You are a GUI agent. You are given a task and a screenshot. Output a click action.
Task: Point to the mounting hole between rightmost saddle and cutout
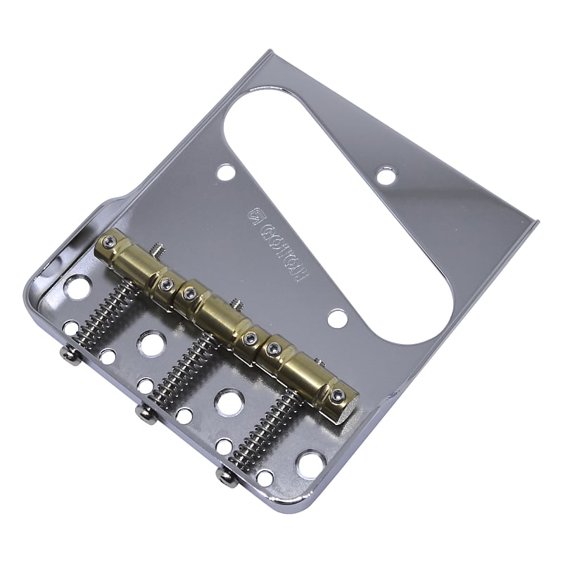click(x=337, y=318)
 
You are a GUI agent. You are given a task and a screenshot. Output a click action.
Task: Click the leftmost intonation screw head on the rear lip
click(x=70, y=355)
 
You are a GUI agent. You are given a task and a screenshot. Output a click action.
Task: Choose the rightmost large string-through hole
click(x=310, y=464)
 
